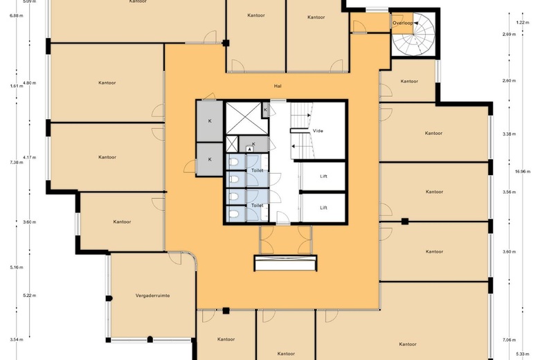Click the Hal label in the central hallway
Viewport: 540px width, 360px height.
click(x=277, y=87)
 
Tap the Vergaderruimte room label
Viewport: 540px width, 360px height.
click(x=152, y=296)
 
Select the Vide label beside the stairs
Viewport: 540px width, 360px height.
click(x=318, y=130)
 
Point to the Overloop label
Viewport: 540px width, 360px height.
click(x=402, y=23)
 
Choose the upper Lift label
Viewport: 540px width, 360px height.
click(x=323, y=177)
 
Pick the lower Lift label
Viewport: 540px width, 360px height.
click(x=323, y=207)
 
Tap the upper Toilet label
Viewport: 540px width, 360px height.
click(x=257, y=170)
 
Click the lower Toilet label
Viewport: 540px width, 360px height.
click(x=257, y=206)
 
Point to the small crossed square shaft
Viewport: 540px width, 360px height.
click(x=232, y=145)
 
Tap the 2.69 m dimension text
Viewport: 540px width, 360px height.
click(x=509, y=34)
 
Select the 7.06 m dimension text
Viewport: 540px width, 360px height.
click(x=509, y=340)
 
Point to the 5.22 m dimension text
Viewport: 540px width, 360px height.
click(x=29, y=296)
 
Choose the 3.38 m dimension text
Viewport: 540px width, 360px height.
click(x=509, y=134)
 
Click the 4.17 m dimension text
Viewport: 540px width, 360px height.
click(x=29, y=157)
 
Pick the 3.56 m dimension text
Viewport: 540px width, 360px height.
click(x=509, y=192)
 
